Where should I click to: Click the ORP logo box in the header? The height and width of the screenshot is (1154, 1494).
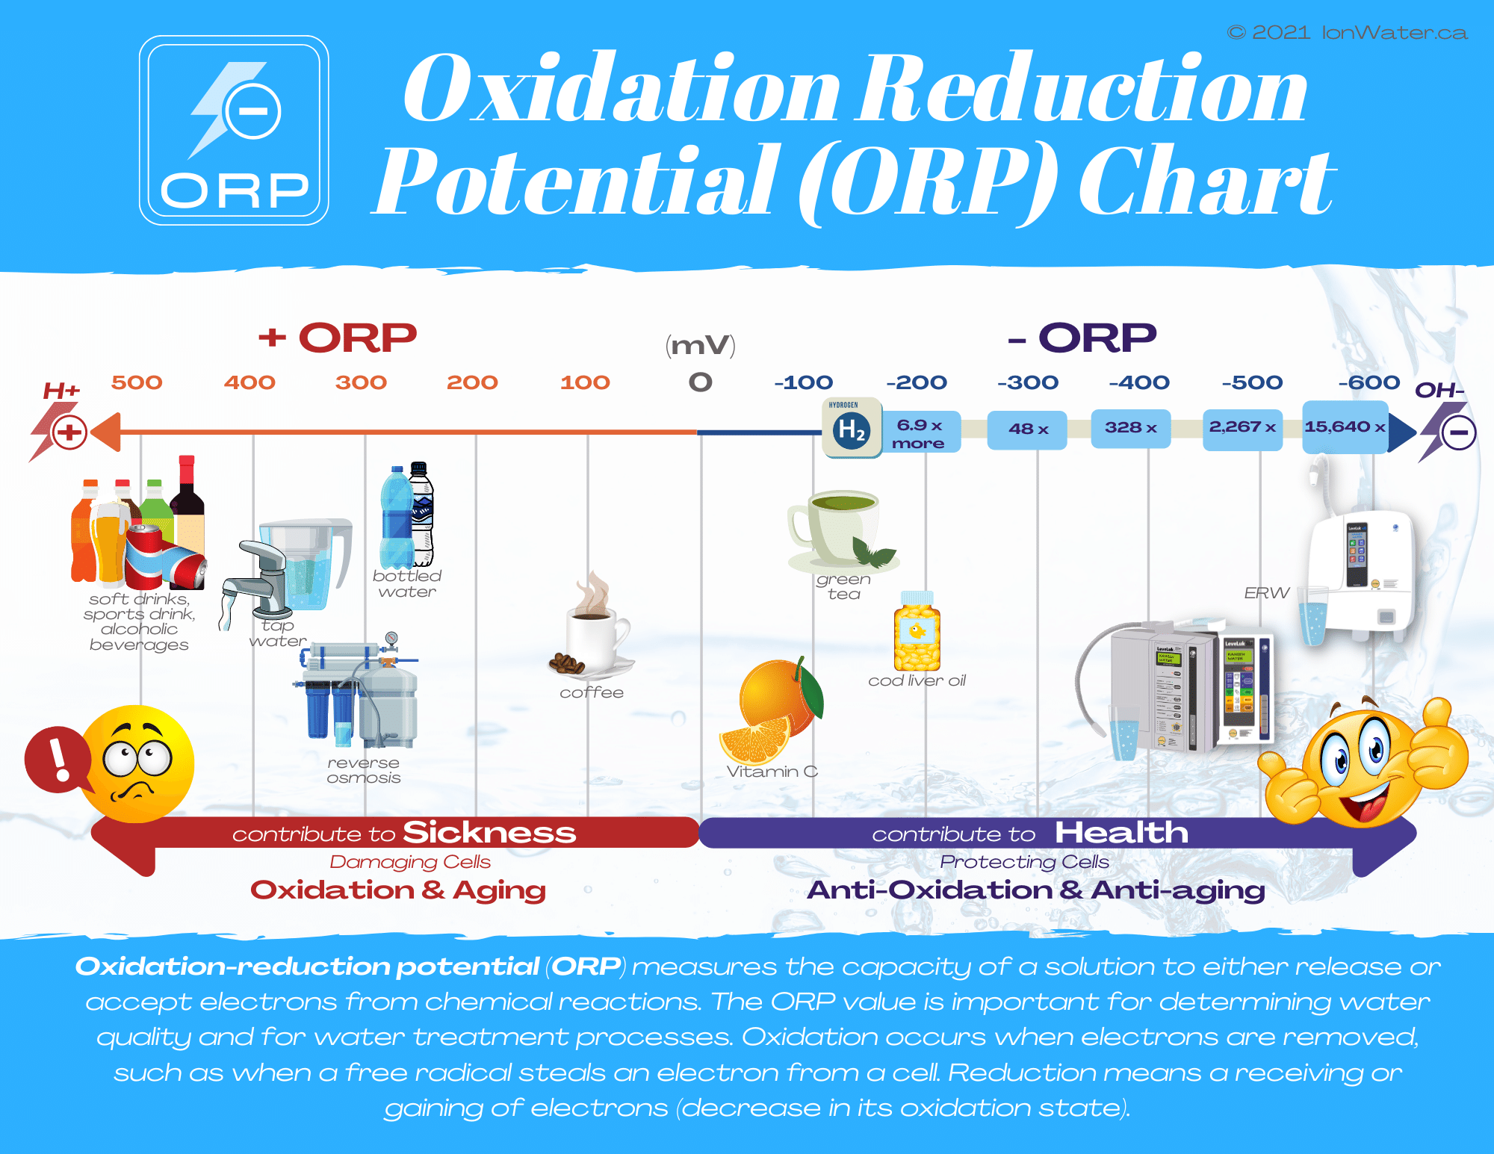point(234,131)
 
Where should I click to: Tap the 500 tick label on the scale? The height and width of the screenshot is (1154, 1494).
point(137,382)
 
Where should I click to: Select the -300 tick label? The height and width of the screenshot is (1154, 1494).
point(1028,382)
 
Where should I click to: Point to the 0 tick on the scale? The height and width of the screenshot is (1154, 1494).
point(701,382)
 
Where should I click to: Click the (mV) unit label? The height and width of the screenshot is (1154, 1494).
point(701,345)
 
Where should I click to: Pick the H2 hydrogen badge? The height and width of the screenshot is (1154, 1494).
point(852,428)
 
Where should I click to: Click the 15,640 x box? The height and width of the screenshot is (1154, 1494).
point(1345,427)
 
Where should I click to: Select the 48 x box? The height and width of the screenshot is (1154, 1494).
point(1027,429)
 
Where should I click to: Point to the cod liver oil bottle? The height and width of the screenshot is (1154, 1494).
point(917,633)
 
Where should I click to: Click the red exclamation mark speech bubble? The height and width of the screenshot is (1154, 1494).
point(58,759)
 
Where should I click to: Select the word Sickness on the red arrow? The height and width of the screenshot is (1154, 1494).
point(489,832)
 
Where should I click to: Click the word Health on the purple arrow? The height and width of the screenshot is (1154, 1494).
point(1120,832)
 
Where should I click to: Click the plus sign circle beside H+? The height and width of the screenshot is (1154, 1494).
point(69,432)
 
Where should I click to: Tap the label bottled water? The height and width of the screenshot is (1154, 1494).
point(407,583)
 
